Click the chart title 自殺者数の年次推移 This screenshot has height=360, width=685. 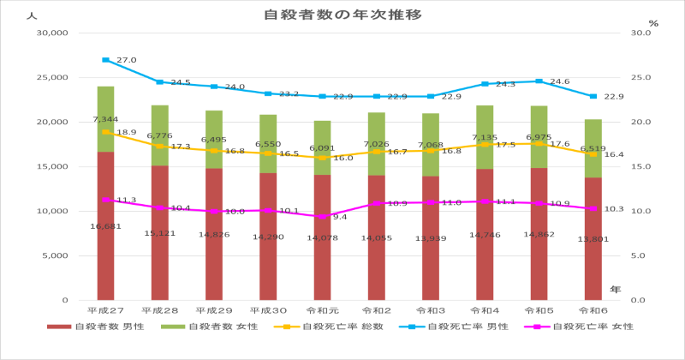(342, 15)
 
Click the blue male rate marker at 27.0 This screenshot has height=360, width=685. (105, 60)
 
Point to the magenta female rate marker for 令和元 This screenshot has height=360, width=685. (322, 217)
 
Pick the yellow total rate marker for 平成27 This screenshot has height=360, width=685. (105, 132)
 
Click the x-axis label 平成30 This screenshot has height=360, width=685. (268, 309)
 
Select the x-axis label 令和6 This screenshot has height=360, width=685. (593, 309)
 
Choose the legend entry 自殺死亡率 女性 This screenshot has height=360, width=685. (582, 327)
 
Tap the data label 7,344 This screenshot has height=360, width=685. (105, 119)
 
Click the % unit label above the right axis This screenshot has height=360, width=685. (653, 23)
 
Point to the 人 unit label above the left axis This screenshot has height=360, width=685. (32, 16)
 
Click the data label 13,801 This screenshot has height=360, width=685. (593, 239)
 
